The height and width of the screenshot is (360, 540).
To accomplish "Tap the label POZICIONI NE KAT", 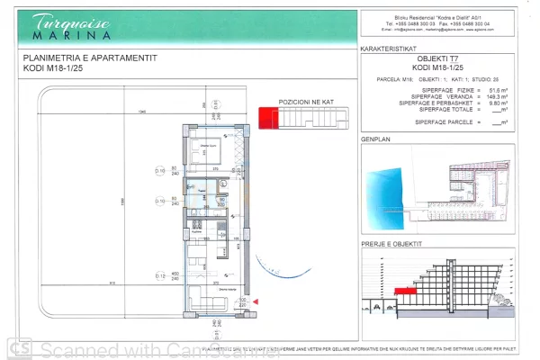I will pos(306,102).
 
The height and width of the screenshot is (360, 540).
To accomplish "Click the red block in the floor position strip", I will pos(266,116).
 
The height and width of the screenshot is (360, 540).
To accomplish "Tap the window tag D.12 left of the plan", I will pos(160,275).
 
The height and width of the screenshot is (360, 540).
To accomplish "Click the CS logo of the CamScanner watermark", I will pos(18,346).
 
